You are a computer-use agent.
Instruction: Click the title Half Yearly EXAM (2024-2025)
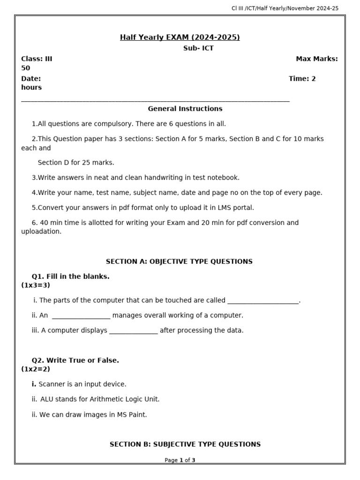pos(180,37)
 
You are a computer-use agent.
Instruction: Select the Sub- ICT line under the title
pos(198,48)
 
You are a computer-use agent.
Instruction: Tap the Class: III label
pos(37,59)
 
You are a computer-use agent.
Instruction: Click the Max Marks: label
pos(316,59)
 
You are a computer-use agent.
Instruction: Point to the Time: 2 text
pos(302,79)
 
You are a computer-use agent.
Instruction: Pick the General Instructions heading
pos(185,109)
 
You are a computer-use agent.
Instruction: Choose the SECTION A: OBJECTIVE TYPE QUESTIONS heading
pos(179,262)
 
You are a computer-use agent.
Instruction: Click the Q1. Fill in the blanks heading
pos(70,277)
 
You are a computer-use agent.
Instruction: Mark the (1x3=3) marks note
pos(36,285)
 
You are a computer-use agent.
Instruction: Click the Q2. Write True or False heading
pos(75,360)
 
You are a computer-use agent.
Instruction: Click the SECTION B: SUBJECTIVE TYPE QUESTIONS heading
pos(185,444)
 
